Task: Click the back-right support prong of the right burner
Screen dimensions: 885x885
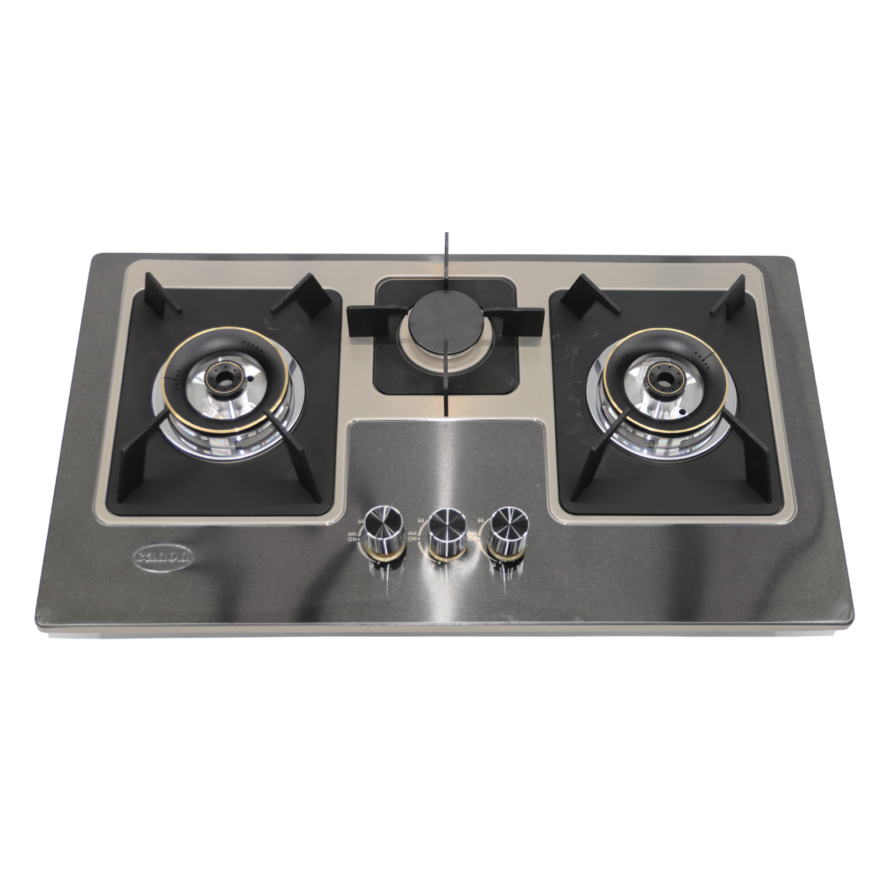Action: [731, 296]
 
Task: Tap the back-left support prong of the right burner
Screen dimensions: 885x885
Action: [584, 293]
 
